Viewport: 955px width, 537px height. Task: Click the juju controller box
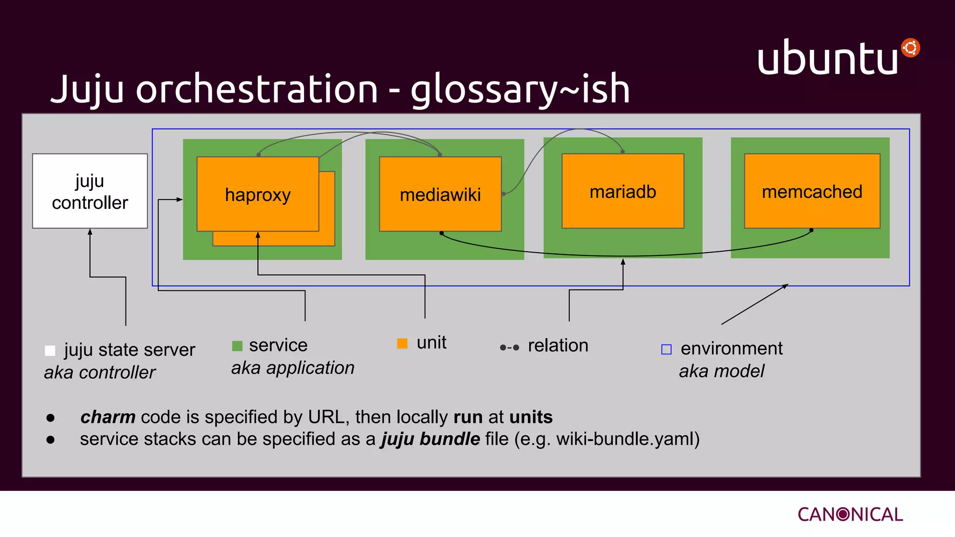(x=90, y=191)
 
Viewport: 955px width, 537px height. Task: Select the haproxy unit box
(x=258, y=194)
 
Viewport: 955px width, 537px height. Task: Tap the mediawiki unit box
(x=440, y=194)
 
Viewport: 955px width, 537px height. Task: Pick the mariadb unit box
(x=623, y=192)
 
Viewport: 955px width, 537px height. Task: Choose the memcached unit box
(x=812, y=192)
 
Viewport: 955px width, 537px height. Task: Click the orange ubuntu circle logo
(x=910, y=48)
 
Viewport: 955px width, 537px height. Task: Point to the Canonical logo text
(x=850, y=514)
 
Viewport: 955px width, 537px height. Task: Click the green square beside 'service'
(x=237, y=346)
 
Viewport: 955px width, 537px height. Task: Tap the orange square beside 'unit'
(x=402, y=344)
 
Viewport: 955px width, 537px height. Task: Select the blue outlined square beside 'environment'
(x=666, y=349)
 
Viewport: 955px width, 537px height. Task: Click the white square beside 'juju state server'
(x=50, y=351)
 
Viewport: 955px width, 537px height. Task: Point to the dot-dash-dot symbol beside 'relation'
(x=509, y=347)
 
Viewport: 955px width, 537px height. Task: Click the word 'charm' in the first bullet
(x=108, y=417)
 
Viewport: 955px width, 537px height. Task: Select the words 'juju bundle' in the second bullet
(x=430, y=439)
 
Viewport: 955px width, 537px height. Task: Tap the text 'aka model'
(x=721, y=371)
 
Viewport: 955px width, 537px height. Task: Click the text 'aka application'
(x=293, y=368)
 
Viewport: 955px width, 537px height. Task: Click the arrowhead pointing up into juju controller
(x=90, y=232)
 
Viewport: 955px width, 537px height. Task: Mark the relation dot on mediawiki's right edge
(x=504, y=194)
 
